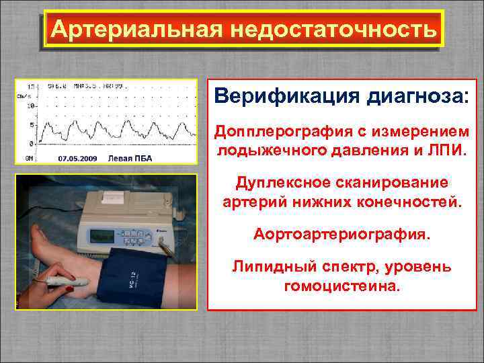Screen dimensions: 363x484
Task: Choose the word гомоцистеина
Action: tap(343, 285)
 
